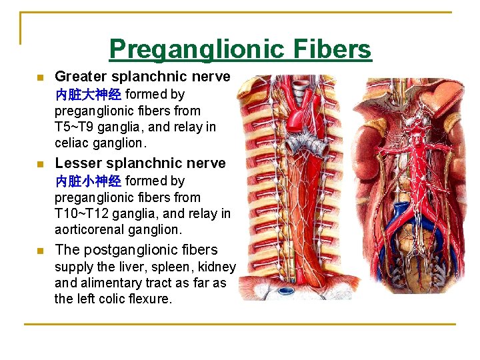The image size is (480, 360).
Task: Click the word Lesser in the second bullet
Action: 77,163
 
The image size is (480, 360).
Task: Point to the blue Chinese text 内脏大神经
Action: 88,95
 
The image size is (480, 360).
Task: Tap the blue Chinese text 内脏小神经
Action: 88,181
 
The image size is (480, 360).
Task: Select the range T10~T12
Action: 84,213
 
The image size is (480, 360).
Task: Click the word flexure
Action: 151,299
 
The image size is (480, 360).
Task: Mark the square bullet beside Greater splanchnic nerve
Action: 40,77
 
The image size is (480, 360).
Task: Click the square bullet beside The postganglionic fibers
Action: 40,251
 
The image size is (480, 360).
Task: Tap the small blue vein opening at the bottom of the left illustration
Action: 285,290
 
